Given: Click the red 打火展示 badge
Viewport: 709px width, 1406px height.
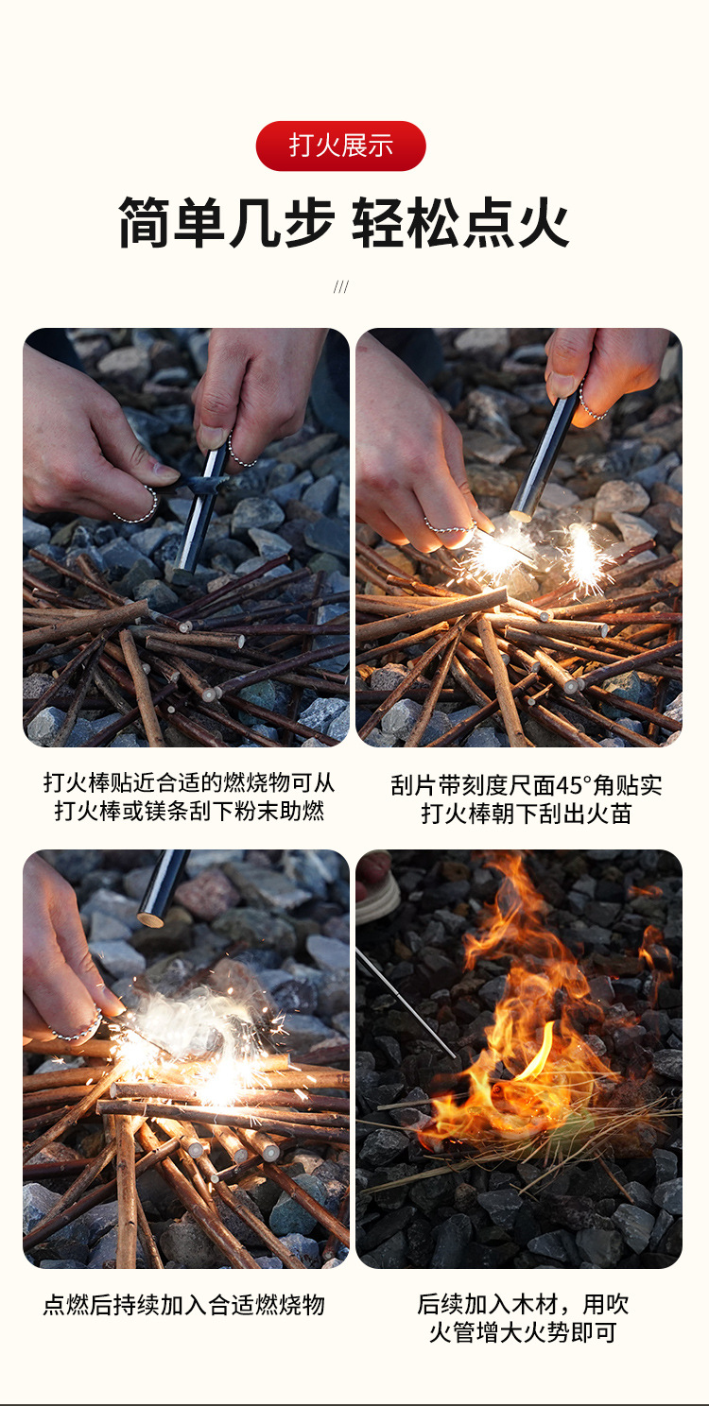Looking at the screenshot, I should tap(340, 146).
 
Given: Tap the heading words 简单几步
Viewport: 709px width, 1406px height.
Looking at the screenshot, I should tap(227, 223).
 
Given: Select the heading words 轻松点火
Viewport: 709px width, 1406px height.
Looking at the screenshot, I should tap(461, 223).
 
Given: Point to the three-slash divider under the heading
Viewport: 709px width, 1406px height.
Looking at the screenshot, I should tap(341, 286).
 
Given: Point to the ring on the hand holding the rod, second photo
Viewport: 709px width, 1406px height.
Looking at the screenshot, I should tap(591, 409).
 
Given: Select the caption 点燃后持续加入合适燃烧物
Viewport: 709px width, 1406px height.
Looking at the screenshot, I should tap(184, 1305).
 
